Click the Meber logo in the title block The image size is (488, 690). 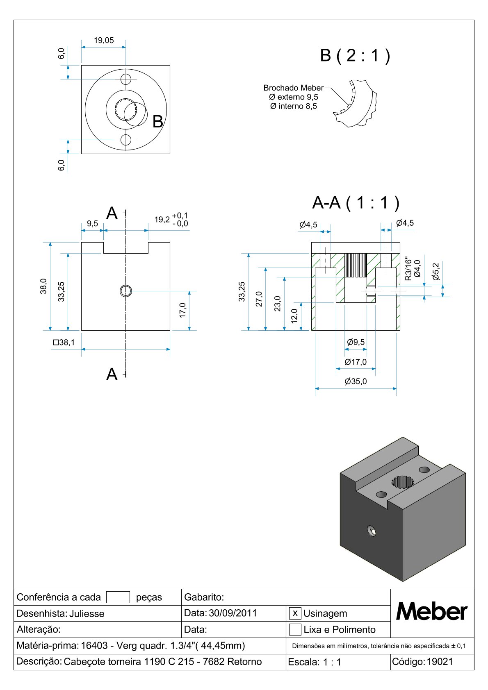click(x=431, y=612)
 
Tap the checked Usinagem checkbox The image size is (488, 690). click(x=295, y=613)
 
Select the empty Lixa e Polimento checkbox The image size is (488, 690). click(x=295, y=629)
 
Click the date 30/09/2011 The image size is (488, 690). click(x=233, y=613)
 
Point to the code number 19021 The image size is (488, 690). click(x=440, y=662)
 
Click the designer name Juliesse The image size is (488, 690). click(x=87, y=613)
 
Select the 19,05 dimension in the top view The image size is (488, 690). click(x=104, y=40)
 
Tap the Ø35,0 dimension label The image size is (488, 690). click(x=356, y=381)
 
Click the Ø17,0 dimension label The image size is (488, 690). click(x=356, y=362)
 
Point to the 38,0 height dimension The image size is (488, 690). click(x=43, y=286)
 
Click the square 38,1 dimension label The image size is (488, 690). click(x=64, y=342)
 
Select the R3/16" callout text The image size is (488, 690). click(x=408, y=269)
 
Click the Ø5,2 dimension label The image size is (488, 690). click(x=436, y=272)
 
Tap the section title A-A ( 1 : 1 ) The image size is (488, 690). click(x=356, y=203)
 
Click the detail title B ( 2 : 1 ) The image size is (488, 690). click(x=355, y=55)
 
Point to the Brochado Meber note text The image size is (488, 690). click(x=293, y=88)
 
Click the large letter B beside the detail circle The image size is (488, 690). click(x=157, y=122)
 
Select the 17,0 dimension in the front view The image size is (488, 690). click(x=183, y=310)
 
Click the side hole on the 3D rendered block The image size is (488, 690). click(x=372, y=531)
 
